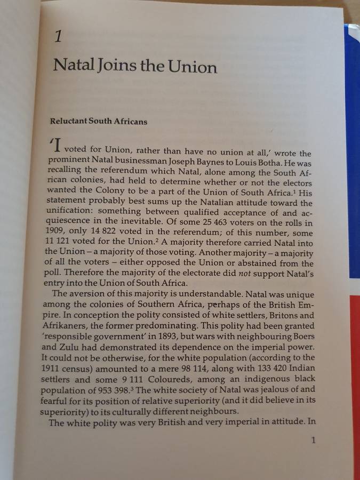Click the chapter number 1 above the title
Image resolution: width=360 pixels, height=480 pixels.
pos(59,36)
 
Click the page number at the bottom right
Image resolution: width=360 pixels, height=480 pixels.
pos(313,440)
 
